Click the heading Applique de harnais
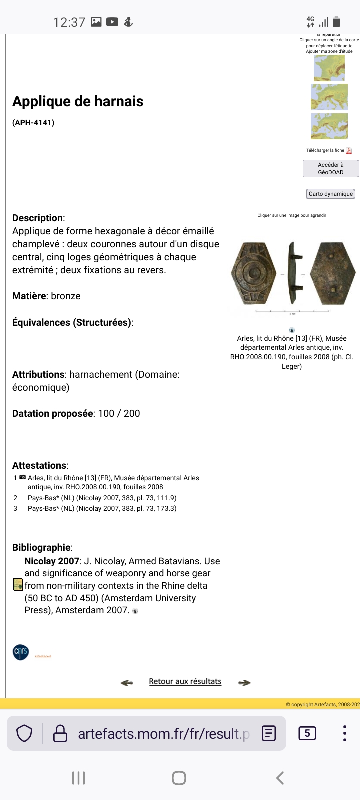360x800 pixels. [78, 101]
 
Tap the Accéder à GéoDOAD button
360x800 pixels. [330, 168]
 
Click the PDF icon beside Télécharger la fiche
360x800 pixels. [349, 151]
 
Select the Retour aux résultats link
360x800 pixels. [185, 681]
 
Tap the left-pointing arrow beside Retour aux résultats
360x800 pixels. [127, 682]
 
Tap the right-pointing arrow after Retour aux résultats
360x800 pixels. [244, 682]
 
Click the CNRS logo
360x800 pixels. [21, 652]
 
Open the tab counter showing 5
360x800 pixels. [307, 733]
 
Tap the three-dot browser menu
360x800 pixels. [344, 733]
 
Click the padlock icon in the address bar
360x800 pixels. [60, 733]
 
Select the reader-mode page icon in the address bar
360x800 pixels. [269, 733]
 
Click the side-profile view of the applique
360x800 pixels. [292, 274]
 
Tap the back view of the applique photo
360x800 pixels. [332, 274]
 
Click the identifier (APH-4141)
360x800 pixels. [33, 122]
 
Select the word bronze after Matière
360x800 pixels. [66, 296]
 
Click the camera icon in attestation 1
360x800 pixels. [22, 478]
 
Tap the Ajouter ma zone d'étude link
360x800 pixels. [329, 51]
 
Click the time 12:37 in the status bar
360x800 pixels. [69, 22]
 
